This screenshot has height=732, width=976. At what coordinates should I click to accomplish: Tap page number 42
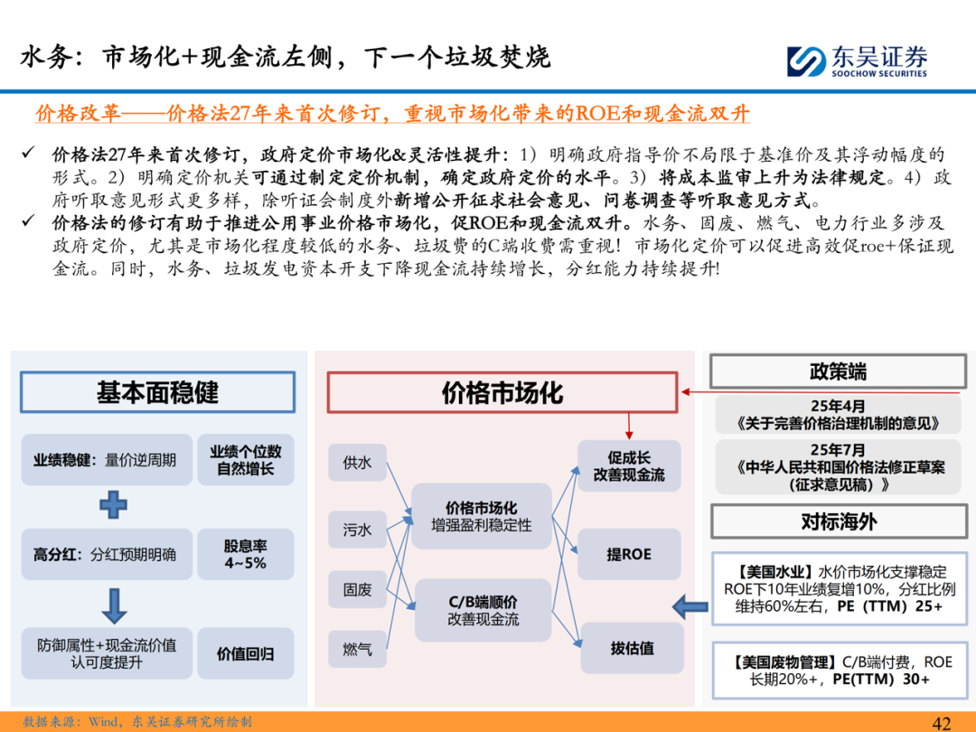(x=942, y=722)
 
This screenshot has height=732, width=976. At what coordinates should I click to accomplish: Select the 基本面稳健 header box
(x=157, y=392)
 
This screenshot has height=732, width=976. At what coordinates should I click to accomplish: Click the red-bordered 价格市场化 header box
(x=502, y=392)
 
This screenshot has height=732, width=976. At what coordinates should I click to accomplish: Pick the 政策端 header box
(x=838, y=371)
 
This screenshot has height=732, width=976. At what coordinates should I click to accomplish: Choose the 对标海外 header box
(x=838, y=522)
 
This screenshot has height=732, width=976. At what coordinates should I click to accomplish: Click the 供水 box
(x=357, y=463)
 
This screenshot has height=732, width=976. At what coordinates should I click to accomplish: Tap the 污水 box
(x=357, y=530)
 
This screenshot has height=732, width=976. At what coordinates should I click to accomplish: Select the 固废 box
(x=357, y=589)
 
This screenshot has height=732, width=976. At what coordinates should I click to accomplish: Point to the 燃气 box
(x=357, y=649)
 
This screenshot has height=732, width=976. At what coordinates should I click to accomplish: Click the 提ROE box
(x=629, y=554)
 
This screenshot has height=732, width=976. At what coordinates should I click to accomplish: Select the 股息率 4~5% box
(x=245, y=554)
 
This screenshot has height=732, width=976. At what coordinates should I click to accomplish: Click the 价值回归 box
(x=245, y=653)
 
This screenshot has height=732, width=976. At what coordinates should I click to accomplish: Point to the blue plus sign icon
(x=113, y=503)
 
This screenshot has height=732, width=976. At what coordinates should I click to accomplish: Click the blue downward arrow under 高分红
(x=113, y=603)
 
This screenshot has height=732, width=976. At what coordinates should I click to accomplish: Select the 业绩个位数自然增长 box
(x=245, y=460)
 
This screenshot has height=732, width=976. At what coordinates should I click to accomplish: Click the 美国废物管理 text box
(x=838, y=670)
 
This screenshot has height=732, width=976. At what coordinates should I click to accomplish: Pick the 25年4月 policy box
(x=838, y=415)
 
